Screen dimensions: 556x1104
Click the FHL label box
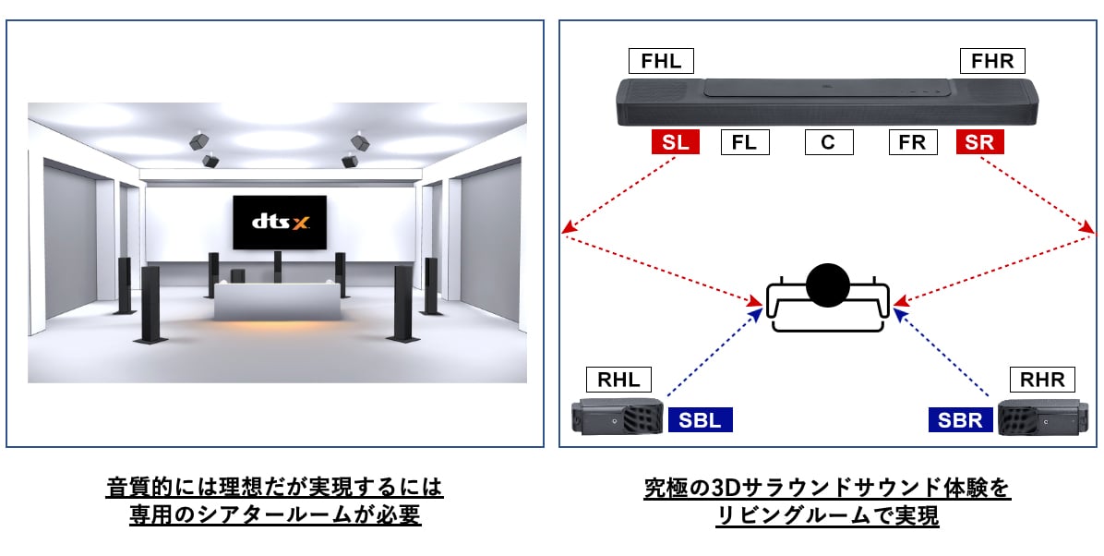tap(661, 62)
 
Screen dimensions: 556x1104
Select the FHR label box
tap(992, 62)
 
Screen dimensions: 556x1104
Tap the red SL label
tap(675, 142)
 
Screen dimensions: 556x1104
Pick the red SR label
tap(980, 142)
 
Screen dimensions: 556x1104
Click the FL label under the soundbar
tap(744, 142)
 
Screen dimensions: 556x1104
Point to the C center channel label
tap(828, 142)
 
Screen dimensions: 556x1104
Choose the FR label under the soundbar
tap(913, 142)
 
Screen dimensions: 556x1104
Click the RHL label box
tap(618, 380)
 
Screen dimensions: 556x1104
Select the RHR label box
tap(1042, 380)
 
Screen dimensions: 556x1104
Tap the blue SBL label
tap(700, 420)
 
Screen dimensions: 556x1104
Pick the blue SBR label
tap(961, 420)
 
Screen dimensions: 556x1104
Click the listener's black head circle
tap(827, 286)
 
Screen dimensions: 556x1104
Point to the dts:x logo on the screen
tap(278, 223)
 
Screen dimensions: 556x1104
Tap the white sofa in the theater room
tap(276, 301)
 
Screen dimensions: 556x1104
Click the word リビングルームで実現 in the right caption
tap(827, 515)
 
